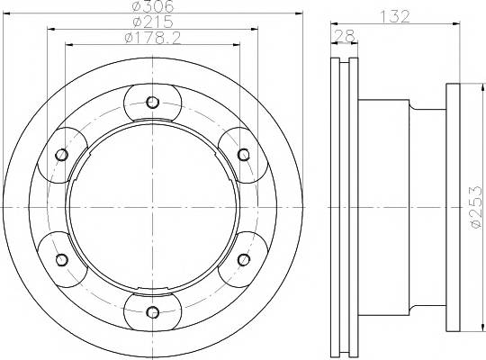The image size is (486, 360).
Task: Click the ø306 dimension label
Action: click(x=153, y=6)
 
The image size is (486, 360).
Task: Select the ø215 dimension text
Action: click(x=153, y=22)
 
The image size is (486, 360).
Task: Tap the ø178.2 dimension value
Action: click(x=152, y=38)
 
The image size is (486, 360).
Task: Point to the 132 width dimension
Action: click(x=395, y=16)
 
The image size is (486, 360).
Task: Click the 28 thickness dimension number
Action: click(x=344, y=36)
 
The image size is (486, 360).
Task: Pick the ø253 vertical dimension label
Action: click(x=477, y=207)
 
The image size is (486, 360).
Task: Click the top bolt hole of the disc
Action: click(x=152, y=102)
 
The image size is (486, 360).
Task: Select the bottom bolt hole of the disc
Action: click(x=152, y=312)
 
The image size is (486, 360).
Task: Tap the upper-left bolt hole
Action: click(x=62, y=155)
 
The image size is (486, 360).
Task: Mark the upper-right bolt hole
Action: click(x=244, y=155)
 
